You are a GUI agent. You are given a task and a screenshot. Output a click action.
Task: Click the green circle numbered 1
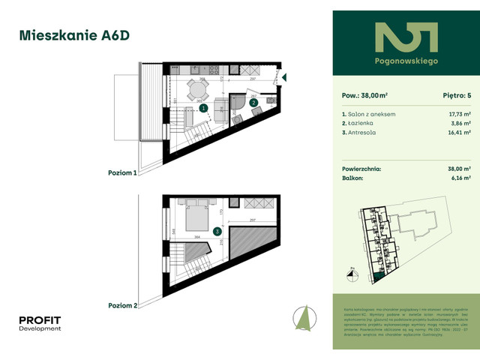click(203, 108)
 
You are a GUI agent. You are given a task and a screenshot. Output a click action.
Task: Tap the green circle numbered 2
click(254, 103)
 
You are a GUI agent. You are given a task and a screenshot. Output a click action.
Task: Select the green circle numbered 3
click(216, 232)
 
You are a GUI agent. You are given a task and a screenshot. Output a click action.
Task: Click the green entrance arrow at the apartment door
click(284, 76)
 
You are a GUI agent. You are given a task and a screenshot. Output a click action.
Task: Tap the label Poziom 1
click(123, 172)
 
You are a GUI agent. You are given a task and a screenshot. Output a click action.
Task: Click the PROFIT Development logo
click(40, 323)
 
